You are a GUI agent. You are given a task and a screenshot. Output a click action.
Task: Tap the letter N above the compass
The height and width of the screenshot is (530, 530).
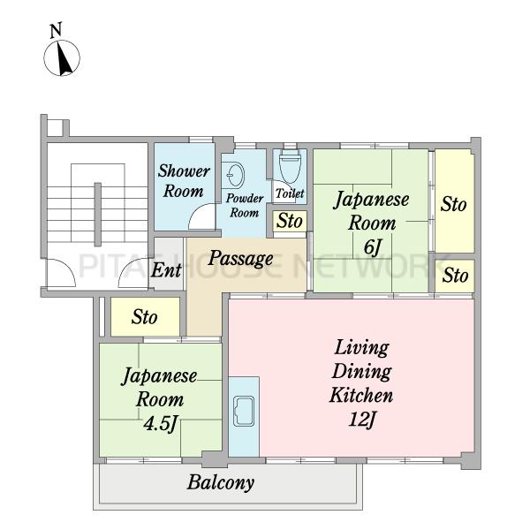(56, 30)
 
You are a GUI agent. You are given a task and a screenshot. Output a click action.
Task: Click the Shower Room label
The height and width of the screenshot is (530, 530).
(184, 181)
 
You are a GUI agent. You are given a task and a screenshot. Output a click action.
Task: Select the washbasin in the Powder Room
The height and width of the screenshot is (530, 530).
(235, 175)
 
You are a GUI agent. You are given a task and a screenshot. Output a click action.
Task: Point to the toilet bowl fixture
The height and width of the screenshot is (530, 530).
(290, 168)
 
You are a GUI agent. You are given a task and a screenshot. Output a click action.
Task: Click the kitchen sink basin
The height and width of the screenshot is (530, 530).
(244, 411)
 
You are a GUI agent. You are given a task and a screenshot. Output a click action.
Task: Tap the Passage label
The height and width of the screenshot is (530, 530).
(240, 259)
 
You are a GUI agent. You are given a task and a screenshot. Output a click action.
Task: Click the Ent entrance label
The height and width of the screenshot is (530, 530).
(166, 270)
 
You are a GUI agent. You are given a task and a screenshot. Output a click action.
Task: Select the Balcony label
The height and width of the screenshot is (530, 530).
(220, 482)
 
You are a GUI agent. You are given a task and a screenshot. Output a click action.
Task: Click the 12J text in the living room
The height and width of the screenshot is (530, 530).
(362, 420)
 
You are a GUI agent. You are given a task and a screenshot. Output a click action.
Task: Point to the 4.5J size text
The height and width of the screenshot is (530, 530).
(160, 423)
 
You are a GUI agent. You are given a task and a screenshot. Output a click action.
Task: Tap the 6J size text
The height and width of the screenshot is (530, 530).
(372, 246)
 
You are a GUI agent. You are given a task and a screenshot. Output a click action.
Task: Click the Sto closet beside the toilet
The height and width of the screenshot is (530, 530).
(290, 222)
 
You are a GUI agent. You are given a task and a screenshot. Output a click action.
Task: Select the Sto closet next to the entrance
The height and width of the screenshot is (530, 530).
(145, 317)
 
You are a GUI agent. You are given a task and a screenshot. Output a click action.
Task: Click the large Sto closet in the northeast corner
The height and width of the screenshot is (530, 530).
(454, 201)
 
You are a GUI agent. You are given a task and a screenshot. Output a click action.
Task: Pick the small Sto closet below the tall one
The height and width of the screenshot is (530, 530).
(454, 276)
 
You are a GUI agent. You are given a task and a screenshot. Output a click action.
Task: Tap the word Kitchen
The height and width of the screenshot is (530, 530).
(361, 395)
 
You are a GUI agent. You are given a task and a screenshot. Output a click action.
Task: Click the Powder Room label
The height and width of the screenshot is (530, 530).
(245, 206)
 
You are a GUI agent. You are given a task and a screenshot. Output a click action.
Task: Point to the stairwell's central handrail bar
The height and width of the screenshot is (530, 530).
(98, 215)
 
